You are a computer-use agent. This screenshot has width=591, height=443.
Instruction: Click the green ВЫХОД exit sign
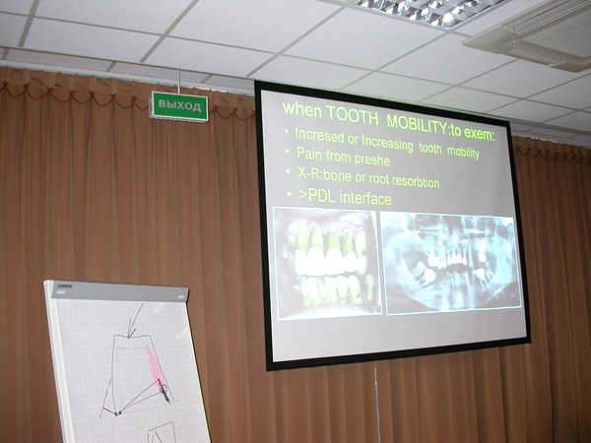179,106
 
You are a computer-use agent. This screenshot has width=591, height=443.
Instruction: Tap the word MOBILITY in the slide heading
417,125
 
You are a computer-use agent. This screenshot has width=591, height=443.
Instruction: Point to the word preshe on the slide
371,159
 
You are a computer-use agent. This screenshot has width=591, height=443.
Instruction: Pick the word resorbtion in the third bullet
416,181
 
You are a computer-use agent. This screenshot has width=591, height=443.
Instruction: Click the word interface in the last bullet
365,199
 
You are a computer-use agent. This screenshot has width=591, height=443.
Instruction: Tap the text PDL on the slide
322,196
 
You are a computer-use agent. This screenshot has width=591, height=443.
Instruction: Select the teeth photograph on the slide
326,263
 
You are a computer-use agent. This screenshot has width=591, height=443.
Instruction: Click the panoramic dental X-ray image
451,263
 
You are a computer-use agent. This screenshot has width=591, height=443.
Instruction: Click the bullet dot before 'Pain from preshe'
289,151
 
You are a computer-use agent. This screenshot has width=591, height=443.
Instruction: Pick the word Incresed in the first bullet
320,135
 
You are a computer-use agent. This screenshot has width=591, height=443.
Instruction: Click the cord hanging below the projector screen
377,405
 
